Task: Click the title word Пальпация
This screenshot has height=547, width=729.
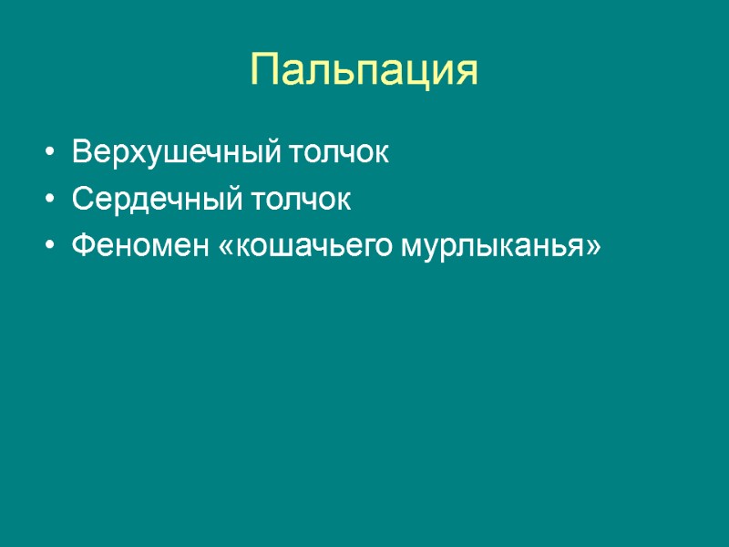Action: click(x=364, y=70)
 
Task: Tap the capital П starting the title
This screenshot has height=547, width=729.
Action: click(x=264, y=70)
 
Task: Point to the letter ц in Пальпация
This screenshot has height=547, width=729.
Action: click(x=416, y=72)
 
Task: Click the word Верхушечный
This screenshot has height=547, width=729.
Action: click(x=176, y=152)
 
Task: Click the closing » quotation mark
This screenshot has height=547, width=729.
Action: click(x=593, y=248)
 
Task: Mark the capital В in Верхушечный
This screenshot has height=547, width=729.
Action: click(x=80, y=152)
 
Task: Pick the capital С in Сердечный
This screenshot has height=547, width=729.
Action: click(x=81, y=200)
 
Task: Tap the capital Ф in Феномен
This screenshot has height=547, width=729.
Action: click(x=82, y=247)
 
